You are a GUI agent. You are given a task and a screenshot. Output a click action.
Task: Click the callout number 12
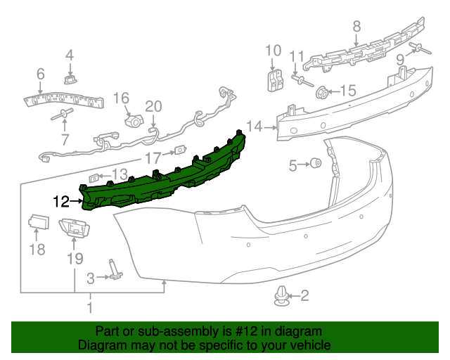tap(61, 202)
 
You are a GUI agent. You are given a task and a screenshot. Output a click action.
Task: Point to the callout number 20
tap(153, 106)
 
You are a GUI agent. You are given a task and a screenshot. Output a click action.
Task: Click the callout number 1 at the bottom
tap(89, 307)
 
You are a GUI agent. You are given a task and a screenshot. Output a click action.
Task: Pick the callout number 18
tap(37, 249)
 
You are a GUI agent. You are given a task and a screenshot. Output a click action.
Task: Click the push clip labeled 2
tap(281, 297)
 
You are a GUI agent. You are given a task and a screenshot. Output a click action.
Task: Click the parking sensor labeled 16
tap(131, 120)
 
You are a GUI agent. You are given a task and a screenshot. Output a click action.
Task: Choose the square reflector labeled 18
tap(37, 224)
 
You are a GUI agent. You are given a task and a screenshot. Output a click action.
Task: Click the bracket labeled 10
tap(273, 79)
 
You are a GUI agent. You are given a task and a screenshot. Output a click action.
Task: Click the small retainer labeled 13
tap(95, 176)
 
